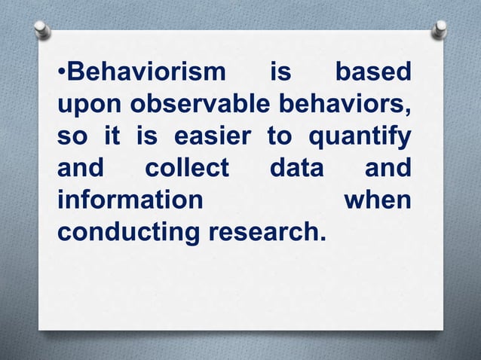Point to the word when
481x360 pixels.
(377, 202)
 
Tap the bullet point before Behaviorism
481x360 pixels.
(63, 75)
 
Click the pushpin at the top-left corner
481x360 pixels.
(43, 29)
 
